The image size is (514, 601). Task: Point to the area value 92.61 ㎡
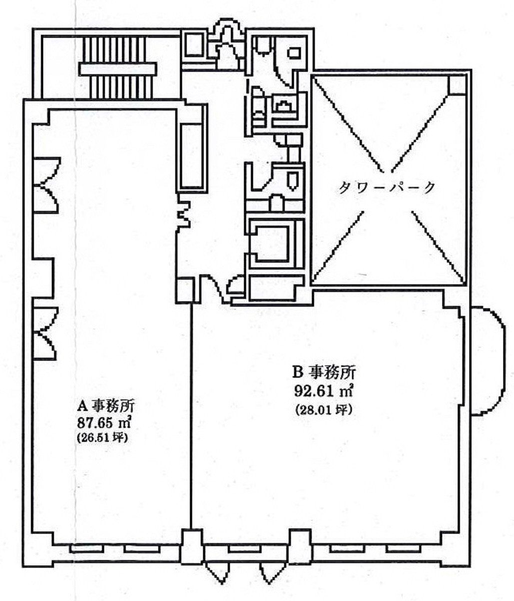tap(323, 390)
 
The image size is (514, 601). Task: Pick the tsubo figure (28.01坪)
tap(323, 409)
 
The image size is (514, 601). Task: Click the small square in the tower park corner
tap(456, 85)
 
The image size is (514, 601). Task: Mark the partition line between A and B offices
tap(191, 416)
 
